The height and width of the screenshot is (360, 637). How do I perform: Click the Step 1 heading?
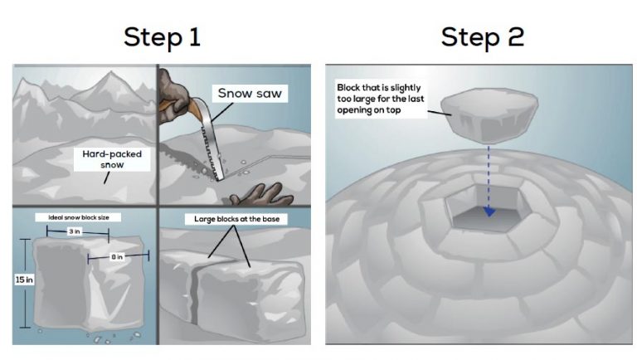pos(163,36)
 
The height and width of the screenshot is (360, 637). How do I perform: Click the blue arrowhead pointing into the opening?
pos(489,212)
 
